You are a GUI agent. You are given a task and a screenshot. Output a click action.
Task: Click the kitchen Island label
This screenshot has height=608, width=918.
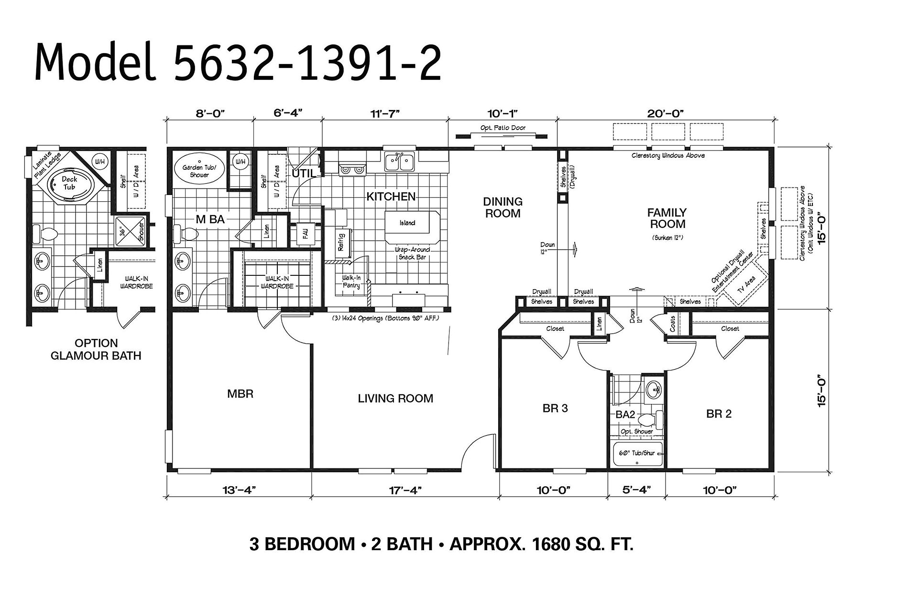tap(407, 223)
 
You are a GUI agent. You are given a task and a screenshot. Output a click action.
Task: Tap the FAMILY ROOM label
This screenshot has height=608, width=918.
tap(667, 218)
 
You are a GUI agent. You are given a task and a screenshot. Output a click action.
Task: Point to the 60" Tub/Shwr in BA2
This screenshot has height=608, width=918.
tap(637, 453)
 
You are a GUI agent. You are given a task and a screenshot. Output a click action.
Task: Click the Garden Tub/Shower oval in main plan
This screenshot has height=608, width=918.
tap(199, 171)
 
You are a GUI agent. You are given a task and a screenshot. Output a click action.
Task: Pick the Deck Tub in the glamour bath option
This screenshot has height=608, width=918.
tap(69, 183)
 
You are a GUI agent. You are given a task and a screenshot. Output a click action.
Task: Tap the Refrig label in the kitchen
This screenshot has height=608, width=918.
tap(341, 242)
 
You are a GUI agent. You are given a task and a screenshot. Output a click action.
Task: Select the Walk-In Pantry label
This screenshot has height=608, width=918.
tap(351, 282)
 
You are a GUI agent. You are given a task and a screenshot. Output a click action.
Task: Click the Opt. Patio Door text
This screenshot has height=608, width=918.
tap(503, 128)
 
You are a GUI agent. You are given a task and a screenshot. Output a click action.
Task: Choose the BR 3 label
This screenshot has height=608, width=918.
tap(555, 408)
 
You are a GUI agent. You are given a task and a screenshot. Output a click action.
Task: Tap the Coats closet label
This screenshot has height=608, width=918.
tap(673, 324)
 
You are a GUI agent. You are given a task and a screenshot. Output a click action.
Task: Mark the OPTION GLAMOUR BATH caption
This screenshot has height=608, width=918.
tap(96, 349)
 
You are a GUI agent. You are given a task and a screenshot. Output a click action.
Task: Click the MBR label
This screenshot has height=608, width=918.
tap(240, 394)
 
